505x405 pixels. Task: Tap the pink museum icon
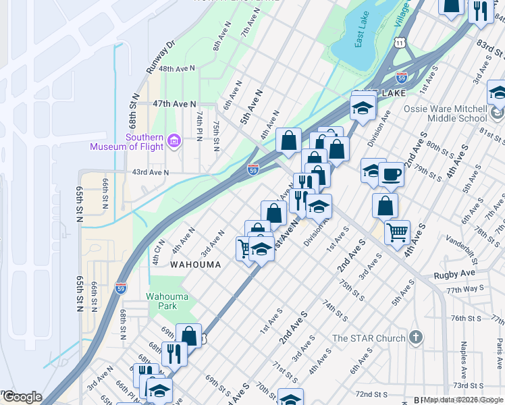click(x=175, y=140)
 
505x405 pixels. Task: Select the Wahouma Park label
click(x=162, y=300)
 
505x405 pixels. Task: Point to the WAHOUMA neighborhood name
click(x=195, y=265)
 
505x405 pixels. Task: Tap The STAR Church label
click(x=369, y=338)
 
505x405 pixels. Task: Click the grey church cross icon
click(x=415, y=337)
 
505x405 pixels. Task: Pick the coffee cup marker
click(x=392, y=175)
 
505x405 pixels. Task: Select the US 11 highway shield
click(x=401, y=43)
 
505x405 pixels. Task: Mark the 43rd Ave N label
click(x=150, y=172)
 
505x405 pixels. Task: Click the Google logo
click(x=22, y=397)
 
